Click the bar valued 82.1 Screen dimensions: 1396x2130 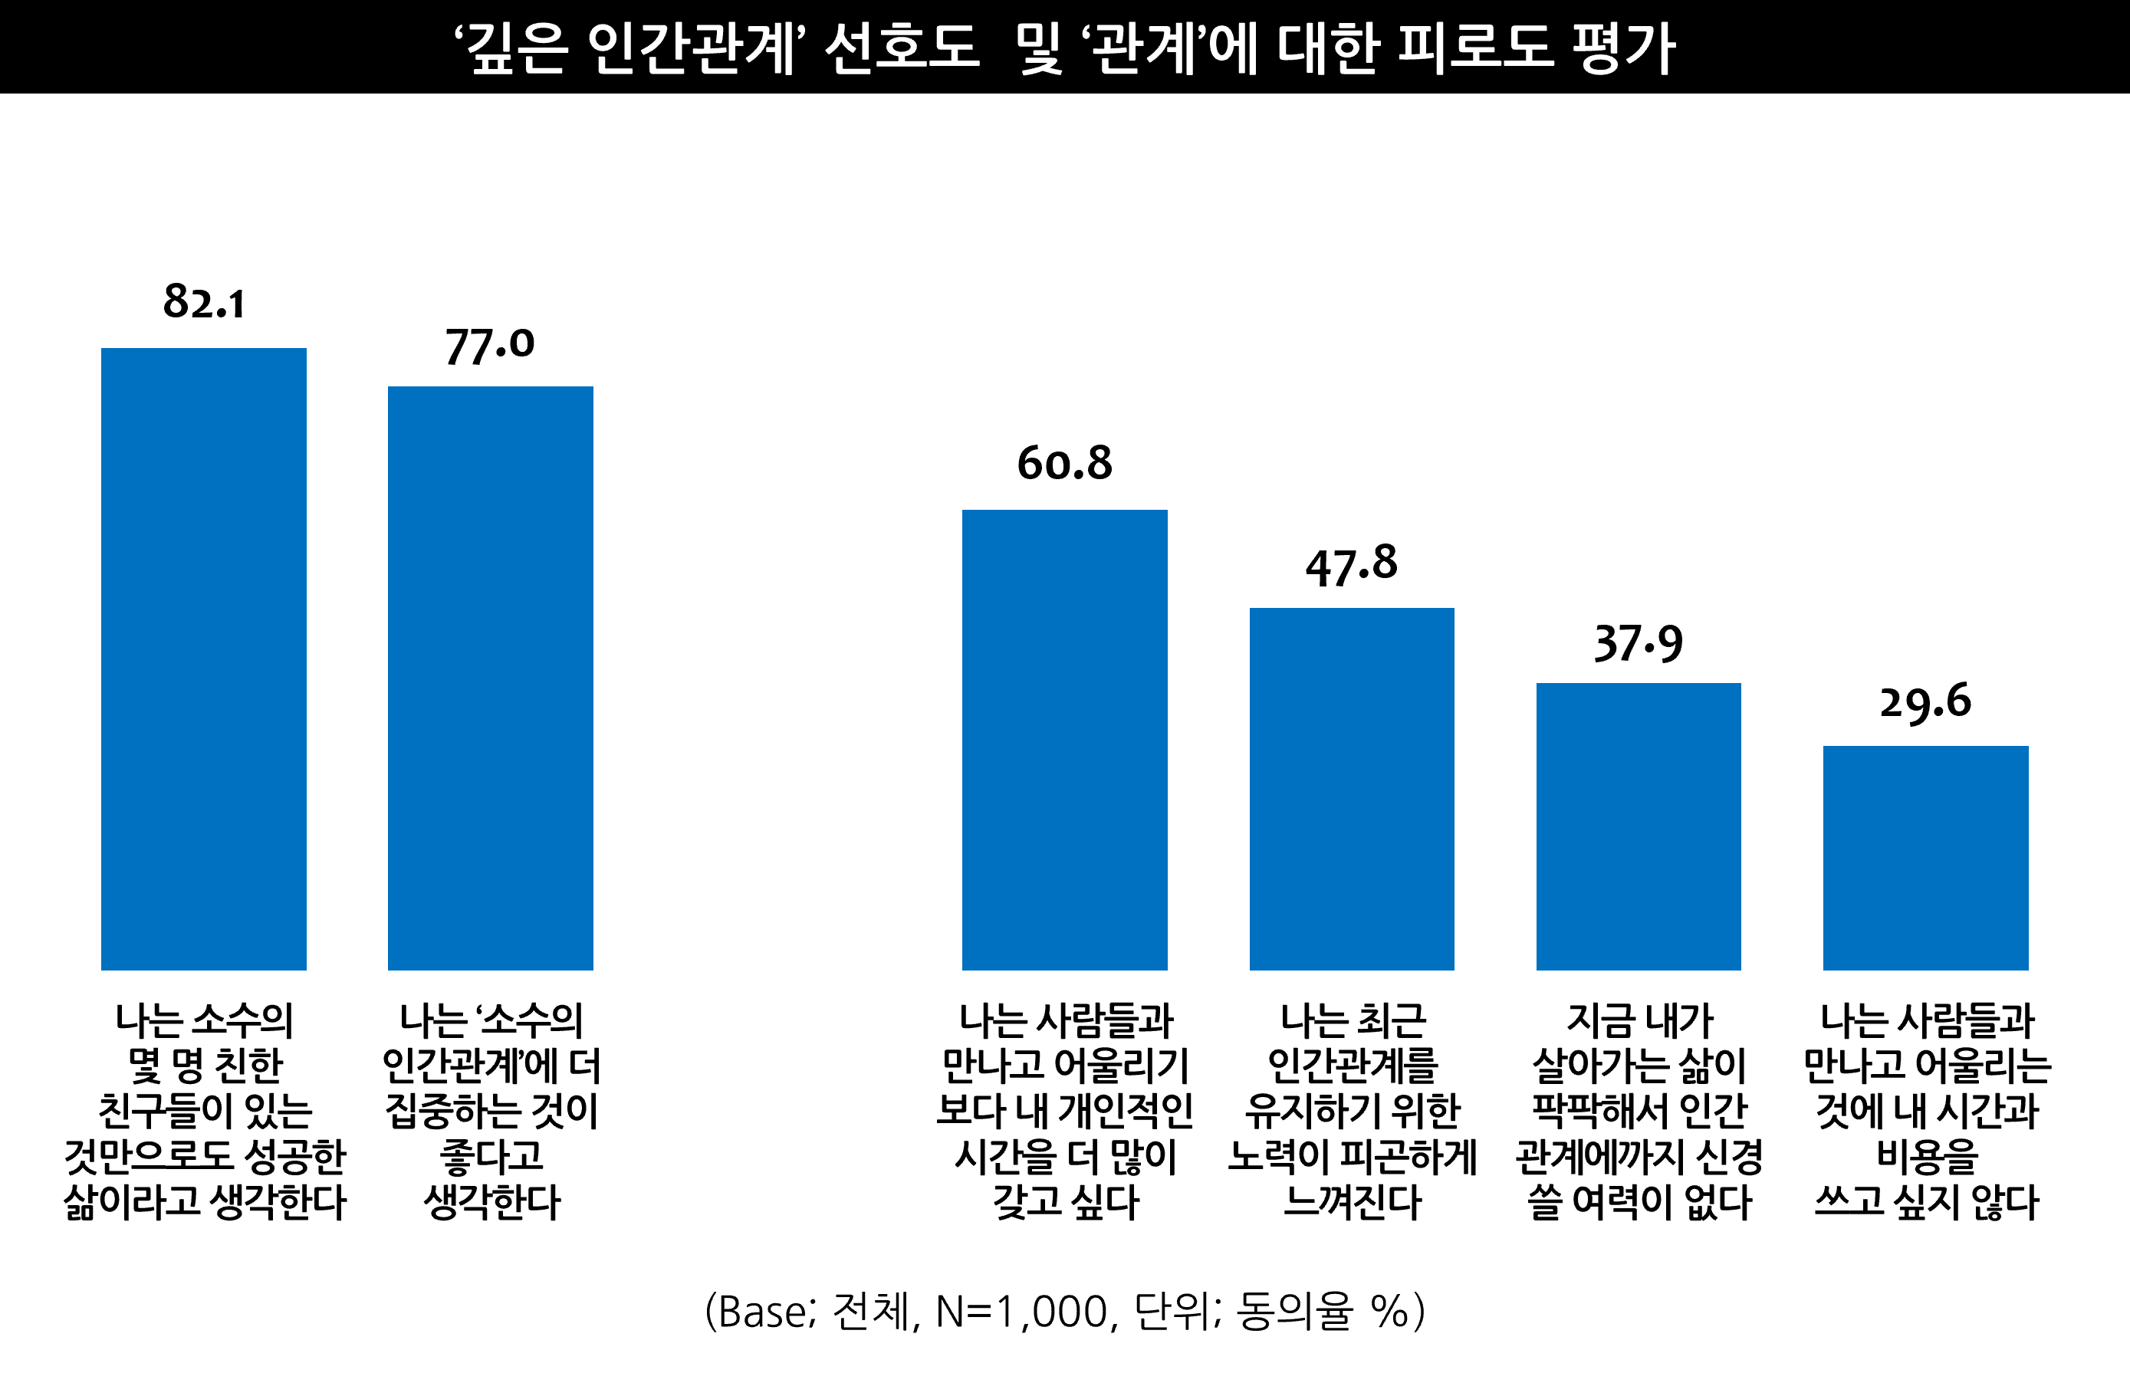coord(203,659)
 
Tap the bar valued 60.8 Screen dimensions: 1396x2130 coord(1064,739)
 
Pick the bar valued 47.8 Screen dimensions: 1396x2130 coord(1352,788)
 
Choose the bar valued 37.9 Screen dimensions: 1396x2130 coord(1638,826)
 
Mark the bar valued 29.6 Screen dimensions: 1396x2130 coord(1925,857)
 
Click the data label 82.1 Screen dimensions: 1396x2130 coord(203,301)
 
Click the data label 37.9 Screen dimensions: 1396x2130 coord(1638,643)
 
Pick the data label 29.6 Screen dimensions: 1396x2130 coord(1925,701)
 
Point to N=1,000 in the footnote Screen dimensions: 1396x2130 coord(1021,1312)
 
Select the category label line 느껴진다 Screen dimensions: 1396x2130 coord(1352,1202)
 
